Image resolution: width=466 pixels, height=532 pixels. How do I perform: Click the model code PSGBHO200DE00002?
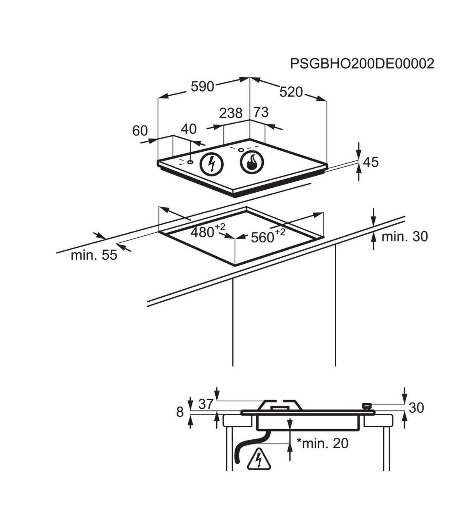pyautogui.click(x=362, y=64)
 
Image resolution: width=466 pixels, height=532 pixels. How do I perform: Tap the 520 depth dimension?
pyautogui.click(x=291, y=92)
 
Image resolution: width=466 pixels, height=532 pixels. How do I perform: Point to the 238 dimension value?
pyautogui.click(x=231, y=113)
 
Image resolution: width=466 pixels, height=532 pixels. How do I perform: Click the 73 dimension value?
pyautogui.click(x=261, y=112)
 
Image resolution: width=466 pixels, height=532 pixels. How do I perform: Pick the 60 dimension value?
pyautogui.click(x=140, y=131)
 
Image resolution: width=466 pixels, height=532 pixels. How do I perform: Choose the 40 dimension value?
pyautogui.click(x=189, y=129)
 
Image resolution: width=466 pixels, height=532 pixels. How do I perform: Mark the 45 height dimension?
pyautogui.click(x=370, y=162)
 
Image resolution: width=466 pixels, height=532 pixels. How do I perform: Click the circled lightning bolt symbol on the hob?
pyautogui.click(x=212, y=164)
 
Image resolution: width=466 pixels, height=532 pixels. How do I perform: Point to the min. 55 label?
pyautogui.click(x=94, y=255)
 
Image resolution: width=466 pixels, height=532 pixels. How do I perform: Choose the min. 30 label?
pyautogui.click(x=404, y=236)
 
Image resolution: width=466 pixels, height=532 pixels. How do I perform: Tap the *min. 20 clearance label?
pyautogui.click(x=322, y=443)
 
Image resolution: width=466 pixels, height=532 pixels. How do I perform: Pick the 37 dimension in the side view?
pyautogui.click(x=206, y=404)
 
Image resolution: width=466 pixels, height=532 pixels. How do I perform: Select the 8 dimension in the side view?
pyautogui.click(x=180, y=412)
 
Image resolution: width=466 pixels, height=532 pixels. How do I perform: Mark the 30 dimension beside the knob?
pyautogui.click(x=416, y=408)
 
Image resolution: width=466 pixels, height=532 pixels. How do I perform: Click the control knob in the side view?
pyautogui.click(x=366, y=406)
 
